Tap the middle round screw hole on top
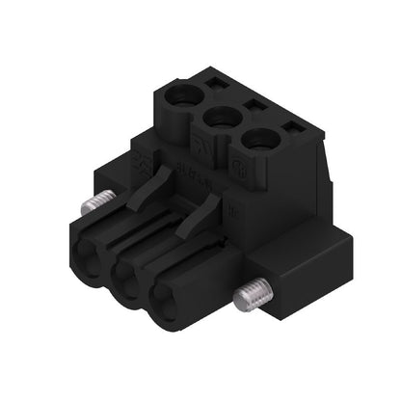pyautogui.click(x=221, y=119)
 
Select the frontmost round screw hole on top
pyautogui.click(x=258, y=141)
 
